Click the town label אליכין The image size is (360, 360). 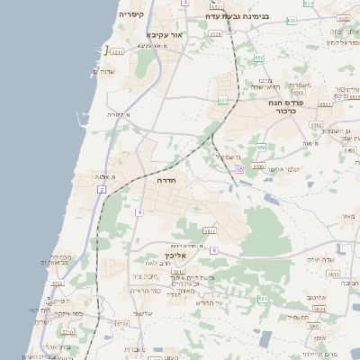[x=176, y=256]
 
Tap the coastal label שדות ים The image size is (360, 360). [x=120, y=72]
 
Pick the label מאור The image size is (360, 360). [x=348, y=217]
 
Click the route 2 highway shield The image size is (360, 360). [x=103, y=191]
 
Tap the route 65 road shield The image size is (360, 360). [x=239, y=169]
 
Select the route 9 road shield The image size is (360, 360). [x=214, y=250]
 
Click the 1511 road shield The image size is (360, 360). [x=116, y=53]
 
